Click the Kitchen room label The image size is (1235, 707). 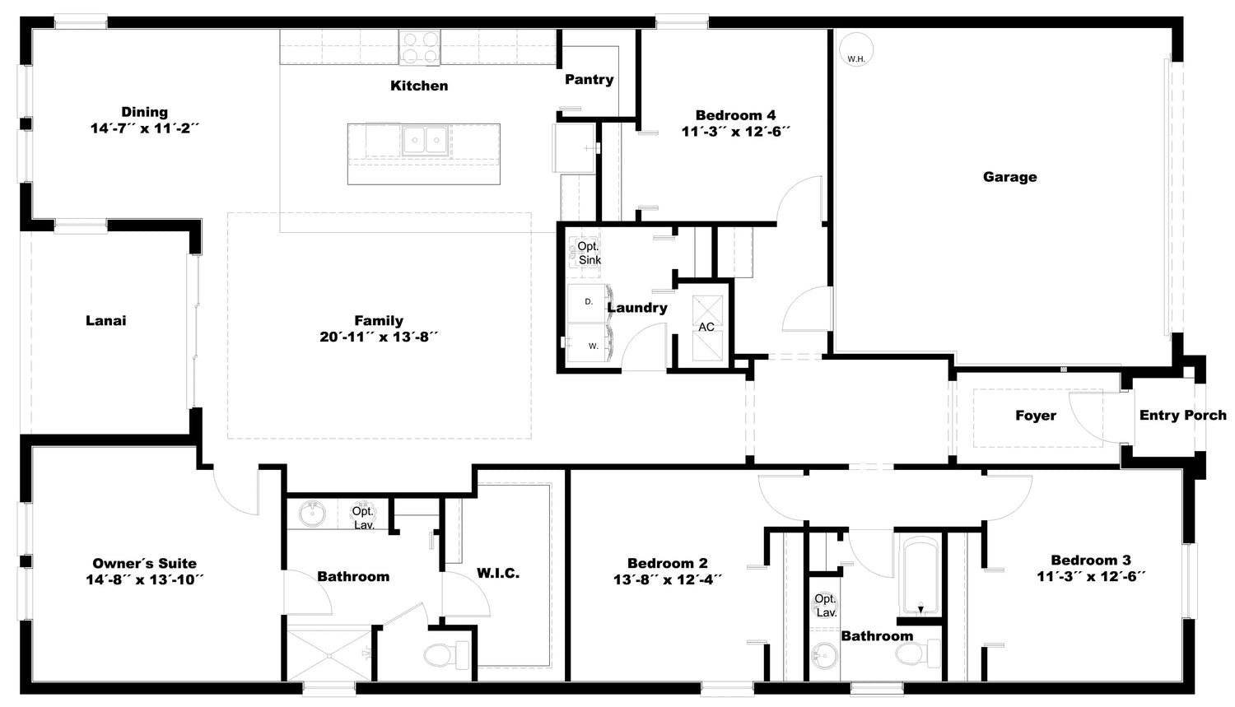click(x=419, y=86)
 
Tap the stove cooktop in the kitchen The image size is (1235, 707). click(x=420, y=48)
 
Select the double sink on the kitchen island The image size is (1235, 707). click(x=425, y=140)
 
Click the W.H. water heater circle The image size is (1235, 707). click(x=855, y=49)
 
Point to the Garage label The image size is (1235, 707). click(x=1009, y=177)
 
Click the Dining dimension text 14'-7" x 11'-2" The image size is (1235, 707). click(x=144, y=128)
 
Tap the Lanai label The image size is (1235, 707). click(x=106, y=321)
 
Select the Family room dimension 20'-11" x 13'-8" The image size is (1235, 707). click(x=379, y=337)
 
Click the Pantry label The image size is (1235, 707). click(x=589, y=80)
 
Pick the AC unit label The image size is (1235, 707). click(x=706, y=327)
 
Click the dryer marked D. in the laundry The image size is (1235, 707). click(x=589, y=302)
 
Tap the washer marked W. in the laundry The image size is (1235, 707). click(x=589, y=342)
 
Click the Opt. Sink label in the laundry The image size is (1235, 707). click(x=589, y=253)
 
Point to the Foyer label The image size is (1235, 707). click(x=1036, y=416)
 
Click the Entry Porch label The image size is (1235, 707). click(x=1182, y=416)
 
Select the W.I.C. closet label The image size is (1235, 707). click(x=498, y=574)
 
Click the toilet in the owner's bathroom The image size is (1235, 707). click(x=446, y=655)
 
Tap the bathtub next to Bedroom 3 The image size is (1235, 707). click(x=919, y=576)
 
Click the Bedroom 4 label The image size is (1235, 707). click(x=735, y=116)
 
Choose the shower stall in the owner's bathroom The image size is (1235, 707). click(x=329, y=655)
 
